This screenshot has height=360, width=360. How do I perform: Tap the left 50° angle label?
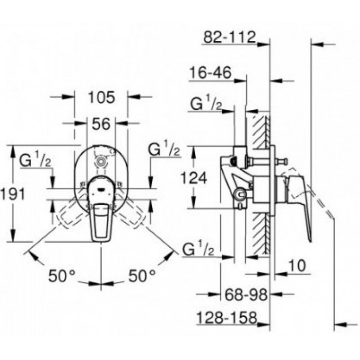point(63,276)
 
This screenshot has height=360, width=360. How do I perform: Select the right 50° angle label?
point(141,276)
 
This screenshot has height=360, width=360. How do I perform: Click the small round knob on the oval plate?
point(101,161)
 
